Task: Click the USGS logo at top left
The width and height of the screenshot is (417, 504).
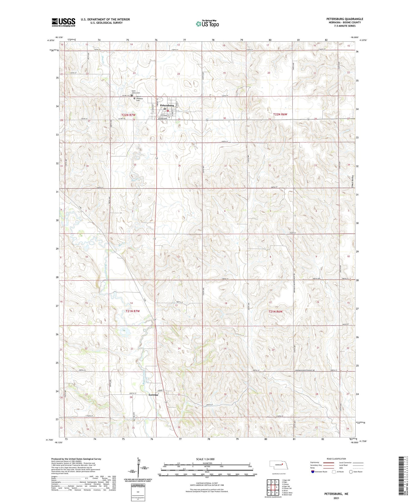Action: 63,22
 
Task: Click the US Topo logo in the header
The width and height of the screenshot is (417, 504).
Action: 207,24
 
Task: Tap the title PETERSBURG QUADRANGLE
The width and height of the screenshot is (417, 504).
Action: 345,19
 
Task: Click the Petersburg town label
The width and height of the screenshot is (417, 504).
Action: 167,105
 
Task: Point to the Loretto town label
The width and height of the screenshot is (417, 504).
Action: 153,395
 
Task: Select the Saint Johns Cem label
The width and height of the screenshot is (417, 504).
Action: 136,92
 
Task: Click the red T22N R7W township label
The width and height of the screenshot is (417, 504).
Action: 128,115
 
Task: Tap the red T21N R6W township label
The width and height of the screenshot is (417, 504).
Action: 275,312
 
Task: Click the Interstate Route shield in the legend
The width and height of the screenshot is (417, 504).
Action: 313,471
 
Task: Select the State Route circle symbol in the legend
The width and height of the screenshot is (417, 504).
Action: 351,471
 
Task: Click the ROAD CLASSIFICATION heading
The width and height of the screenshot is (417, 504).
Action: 336,459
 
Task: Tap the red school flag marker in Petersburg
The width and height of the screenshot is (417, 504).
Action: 168,110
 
